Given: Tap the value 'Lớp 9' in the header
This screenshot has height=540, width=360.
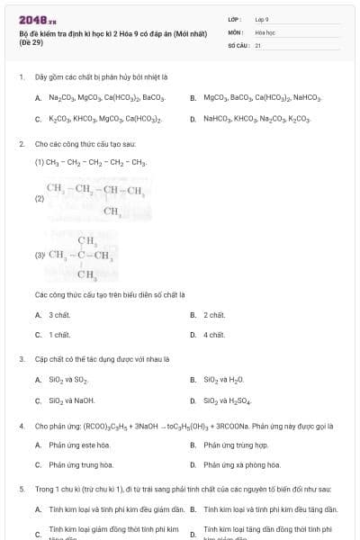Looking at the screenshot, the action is point(262,19).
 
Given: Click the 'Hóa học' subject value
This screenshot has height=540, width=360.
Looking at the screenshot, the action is point(265,31).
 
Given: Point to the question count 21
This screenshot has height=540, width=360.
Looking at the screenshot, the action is point(258,44).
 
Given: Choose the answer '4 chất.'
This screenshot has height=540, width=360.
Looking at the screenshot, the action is point(214,335).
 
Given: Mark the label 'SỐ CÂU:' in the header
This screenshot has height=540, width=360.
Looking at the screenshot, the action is point(237,44).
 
